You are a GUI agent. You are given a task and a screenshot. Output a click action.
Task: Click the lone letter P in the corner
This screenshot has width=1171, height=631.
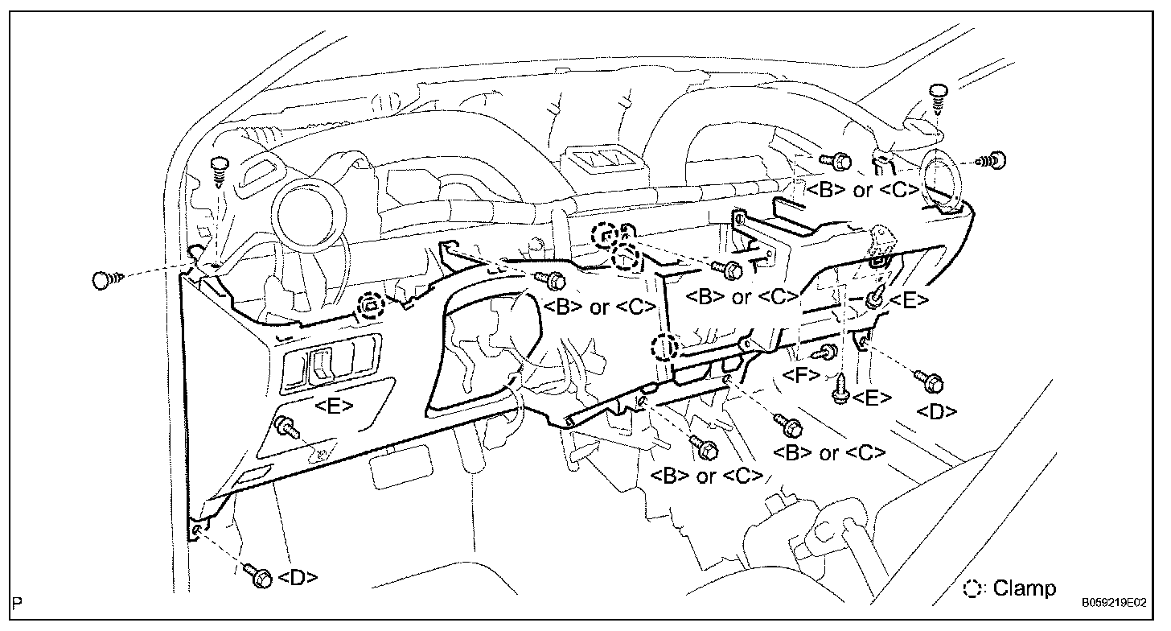pyautogui.click(x=17, y=602)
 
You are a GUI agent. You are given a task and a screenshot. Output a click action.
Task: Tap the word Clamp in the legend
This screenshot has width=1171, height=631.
pyautogui.click(x=1024, y=588)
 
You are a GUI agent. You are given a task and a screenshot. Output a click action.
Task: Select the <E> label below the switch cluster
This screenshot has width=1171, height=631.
pyautogui.click(x=333, y=406)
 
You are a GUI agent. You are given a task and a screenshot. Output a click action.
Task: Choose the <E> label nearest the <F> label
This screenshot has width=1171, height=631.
pyautogui.click(x=871, y=398)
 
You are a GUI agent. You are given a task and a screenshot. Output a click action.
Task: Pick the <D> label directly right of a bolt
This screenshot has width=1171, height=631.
pyautogui.click(x=298, y=577)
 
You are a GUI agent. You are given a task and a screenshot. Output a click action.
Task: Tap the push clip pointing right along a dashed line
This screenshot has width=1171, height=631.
pyautogui.click(x=105, y=279)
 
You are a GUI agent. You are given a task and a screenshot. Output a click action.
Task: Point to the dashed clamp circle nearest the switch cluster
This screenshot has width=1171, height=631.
pyautogui.click(x=369, y=304)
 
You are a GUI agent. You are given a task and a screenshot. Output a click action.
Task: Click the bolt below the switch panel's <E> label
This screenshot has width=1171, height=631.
pyautogui.click(x=286, y=426)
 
